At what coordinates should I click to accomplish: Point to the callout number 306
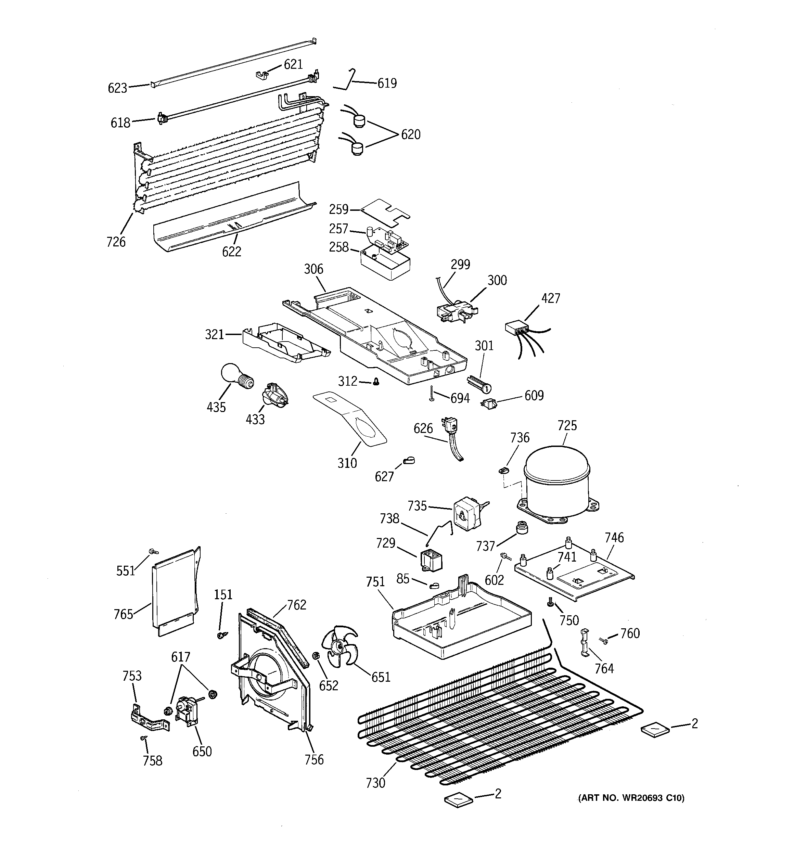point(314,269)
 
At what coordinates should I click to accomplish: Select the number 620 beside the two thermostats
point(410,134)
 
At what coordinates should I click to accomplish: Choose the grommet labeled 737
point(521,527)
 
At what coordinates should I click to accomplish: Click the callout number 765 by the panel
point(123,614)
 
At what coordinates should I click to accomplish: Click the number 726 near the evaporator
point(116,242)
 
